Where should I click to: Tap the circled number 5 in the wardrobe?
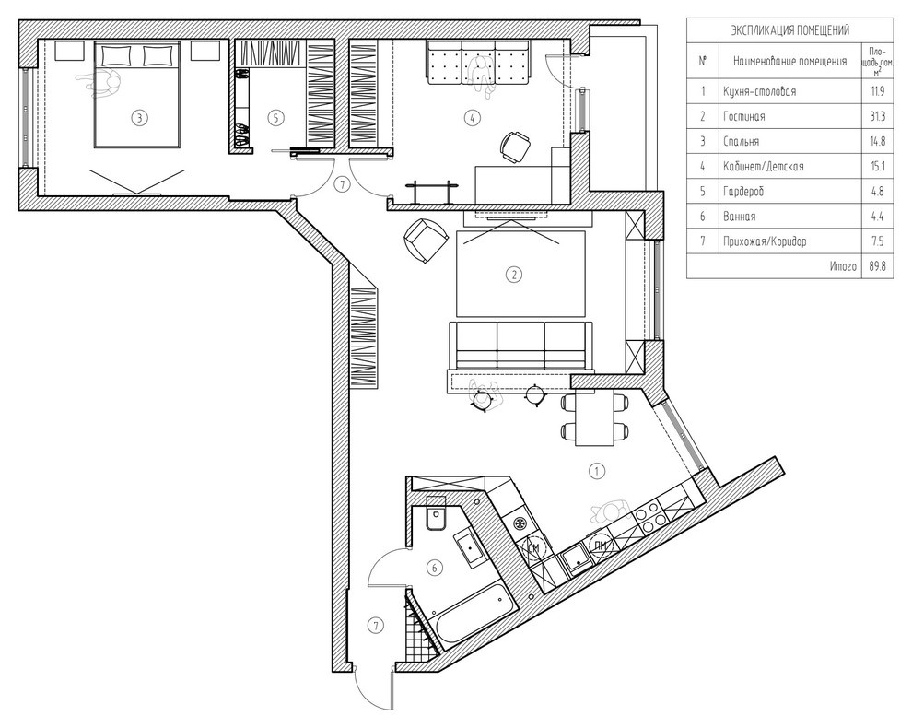[276, 118]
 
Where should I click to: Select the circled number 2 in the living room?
[514, 274]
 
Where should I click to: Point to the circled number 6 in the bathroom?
[434, 568]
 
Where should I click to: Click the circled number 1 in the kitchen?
[596, 471]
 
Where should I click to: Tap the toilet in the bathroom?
[436, 512]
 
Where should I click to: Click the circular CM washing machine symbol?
[534, 547]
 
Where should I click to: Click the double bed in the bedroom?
[137, 94]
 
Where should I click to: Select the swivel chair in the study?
[515, 147]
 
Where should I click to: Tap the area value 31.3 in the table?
[877, 116]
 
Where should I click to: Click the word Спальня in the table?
[741, 141]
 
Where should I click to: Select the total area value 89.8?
[877, 266]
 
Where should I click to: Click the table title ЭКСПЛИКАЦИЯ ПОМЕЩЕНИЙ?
[789, 30]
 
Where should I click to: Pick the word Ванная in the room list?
[739, 217]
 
